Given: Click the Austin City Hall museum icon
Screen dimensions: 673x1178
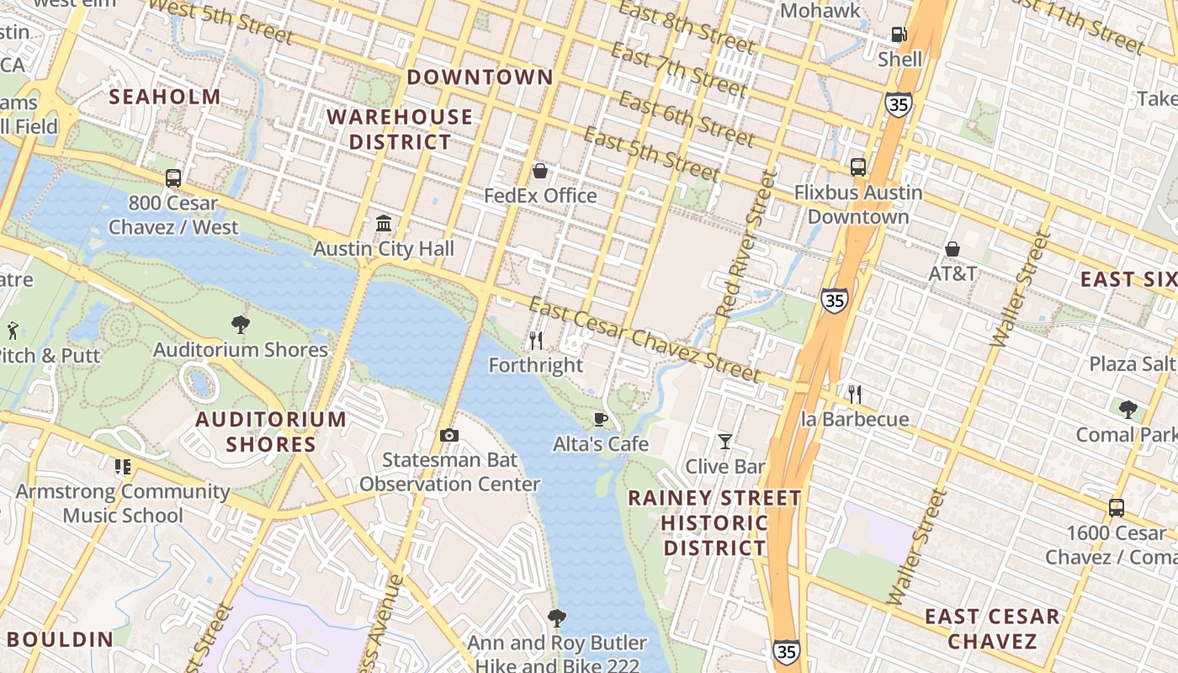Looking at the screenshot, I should pyautogui.click(x=384, y=224).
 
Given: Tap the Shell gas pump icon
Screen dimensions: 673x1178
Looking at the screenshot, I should pyautogui.click(x=899, y=34).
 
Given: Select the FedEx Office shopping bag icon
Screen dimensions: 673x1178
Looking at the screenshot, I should pyautogui.click(x=540, y=172).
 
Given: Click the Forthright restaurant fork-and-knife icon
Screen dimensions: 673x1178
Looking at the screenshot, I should pyautogui.click(x=535, y=341).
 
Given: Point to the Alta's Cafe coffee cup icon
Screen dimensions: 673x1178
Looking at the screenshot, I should pyautogui.click(x=600, y=419).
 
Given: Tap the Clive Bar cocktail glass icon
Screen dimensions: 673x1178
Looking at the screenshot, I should pyautogui.click(x=724, y=442).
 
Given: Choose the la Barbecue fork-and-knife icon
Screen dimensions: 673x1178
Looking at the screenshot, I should pyautogui.click(x=855, y=394).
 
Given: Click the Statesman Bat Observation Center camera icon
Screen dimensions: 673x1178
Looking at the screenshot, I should pyautogui.click(x=449, y=435).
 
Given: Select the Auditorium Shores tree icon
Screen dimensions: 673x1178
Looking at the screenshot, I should pyautogui.click(x=241, y=325).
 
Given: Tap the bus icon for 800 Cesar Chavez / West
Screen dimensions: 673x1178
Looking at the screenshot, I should pyautogui.click(x=173, y=178).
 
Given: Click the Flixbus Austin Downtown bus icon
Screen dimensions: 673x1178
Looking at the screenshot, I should pyautogui.click(x=858, y=167).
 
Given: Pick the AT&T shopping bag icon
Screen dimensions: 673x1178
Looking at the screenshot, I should pyautogui.click(x=952, y=249).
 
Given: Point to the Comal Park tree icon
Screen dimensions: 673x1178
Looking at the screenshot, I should pyautogui.click(x=1128, y=410).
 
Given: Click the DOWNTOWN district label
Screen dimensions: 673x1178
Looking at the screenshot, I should pyautogui.click(x=480, y=77).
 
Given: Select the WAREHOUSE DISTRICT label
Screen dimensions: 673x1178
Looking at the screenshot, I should pyautogui.click(x=400, y=129).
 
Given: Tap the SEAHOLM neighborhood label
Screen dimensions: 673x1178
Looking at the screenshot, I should pyautogui.click(x=165, y=97).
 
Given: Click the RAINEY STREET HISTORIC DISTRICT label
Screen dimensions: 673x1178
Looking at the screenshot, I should pyautogui.click(x=714, y=522).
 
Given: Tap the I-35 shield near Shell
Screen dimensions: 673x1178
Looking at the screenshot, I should pyautogui.click(x=898, y=104).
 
